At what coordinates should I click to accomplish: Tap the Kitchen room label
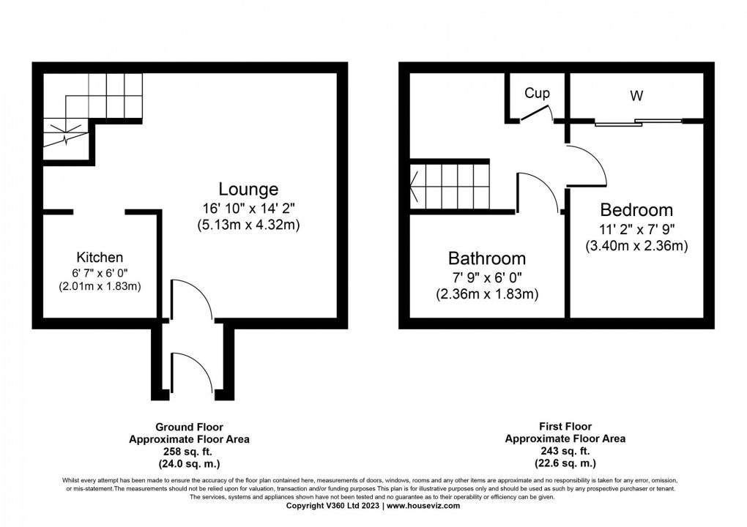[x=100, y=257]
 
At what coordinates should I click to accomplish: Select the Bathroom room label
[x=487, y=258]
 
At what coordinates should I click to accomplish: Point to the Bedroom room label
[x=636, y=209]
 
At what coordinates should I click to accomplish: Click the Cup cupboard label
[x=537, y=94]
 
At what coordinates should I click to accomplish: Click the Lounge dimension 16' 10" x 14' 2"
[x=248, y=208]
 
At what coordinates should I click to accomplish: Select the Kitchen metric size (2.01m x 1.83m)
[x=100, y=286]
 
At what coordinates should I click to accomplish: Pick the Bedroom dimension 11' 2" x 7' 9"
[x=636, y=229]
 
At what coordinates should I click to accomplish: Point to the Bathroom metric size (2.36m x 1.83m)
[x=487, y=294]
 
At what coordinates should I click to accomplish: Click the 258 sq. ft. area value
[x=189, y=452]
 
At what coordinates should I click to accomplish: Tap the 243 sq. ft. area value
[x=565, y=452]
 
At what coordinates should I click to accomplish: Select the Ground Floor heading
[x=189, y=427]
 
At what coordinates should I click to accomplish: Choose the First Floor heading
[x=565, y=426]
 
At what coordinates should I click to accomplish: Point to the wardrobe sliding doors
[x=638, y=122]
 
